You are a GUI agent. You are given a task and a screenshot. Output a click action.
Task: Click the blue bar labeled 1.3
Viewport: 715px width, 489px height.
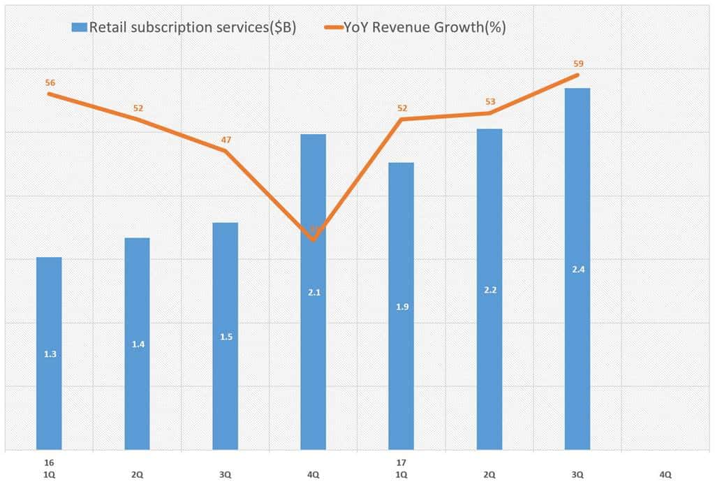(49, 353)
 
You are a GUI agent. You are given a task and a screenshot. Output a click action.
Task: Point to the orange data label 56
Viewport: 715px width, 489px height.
(50, 82)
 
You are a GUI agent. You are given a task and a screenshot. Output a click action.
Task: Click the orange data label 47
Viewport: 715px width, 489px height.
(226, 140)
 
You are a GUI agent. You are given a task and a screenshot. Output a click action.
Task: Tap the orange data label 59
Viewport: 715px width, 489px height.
(577, 63)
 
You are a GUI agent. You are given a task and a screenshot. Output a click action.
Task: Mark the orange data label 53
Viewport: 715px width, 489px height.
(489, 101)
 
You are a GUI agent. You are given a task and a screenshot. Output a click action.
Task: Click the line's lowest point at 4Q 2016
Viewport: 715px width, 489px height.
(313, 240)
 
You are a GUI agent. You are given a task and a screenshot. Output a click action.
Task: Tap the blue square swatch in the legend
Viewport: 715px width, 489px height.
(78, 28)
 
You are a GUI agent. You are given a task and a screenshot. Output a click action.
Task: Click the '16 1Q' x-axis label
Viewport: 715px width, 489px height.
(49, 469)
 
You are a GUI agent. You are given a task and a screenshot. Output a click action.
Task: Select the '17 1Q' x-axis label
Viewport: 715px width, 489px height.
(401, 469)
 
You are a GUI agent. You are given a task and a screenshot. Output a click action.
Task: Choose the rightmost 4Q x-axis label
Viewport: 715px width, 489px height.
(665, 474)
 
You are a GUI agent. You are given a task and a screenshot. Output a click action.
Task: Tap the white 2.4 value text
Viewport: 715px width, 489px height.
(577, 269)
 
